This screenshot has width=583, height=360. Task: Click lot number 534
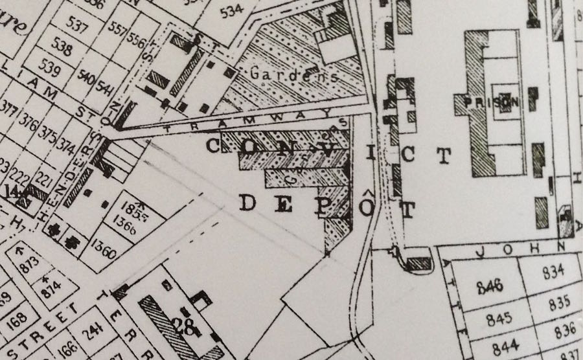point(232,11)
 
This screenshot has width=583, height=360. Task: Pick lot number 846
point(490,287)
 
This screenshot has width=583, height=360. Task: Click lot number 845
point(497,319)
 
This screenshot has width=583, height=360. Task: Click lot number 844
point(507,346)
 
